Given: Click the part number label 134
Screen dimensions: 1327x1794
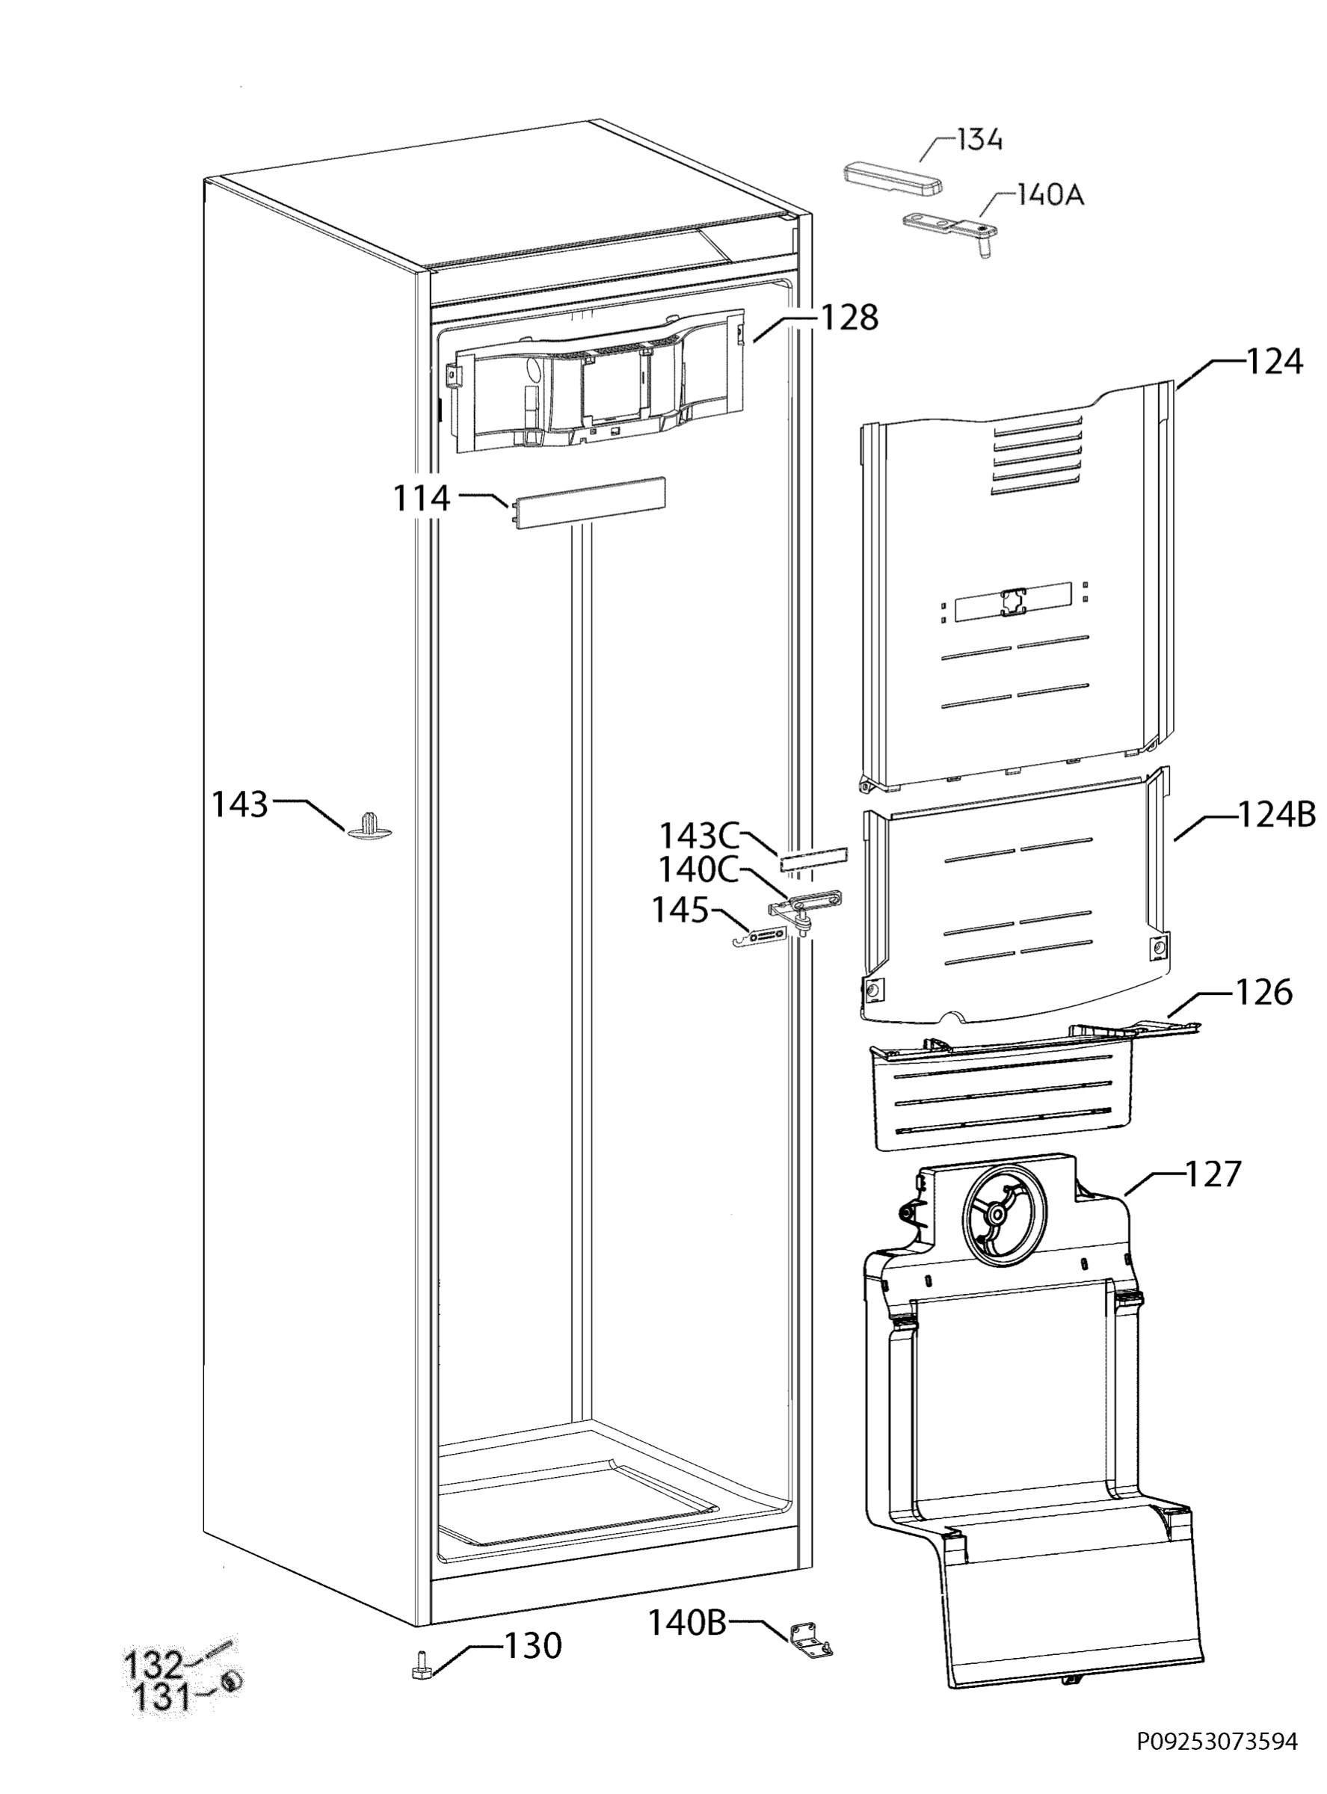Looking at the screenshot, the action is [x=980, y=140].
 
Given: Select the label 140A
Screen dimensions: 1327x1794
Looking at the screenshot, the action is [x=1050, y=194].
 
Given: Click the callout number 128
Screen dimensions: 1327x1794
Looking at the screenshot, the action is [x=849, y=317].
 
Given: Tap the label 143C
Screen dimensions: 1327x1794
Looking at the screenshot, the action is [x=699, y=836].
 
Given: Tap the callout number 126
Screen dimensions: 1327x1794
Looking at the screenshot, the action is [x=1263, y=993].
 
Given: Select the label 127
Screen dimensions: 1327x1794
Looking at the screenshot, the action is [x=1213, y=1174].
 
